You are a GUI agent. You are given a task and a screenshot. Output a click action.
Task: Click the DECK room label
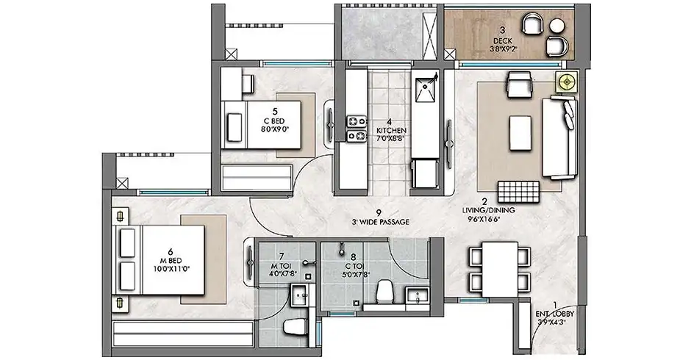point(502,41)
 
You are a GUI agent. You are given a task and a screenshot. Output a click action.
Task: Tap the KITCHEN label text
point(391,131)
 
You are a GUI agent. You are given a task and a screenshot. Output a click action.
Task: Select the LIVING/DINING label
point(488,210)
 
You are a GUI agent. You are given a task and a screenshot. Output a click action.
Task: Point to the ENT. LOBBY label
point(555,314)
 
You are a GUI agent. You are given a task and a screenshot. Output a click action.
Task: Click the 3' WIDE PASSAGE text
point(380,222)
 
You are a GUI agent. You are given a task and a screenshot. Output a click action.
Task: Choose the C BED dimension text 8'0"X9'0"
point(275,129)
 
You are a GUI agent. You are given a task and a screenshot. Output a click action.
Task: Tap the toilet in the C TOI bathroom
point(386,291)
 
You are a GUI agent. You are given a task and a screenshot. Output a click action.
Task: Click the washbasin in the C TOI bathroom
point(418,295)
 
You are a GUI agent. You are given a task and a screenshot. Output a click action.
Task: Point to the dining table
point(500,269)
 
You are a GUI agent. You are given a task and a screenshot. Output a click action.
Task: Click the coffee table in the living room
point(520,133)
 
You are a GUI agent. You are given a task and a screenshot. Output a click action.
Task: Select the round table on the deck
point(557,26)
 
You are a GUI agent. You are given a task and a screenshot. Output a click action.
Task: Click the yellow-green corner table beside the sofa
point(566,82)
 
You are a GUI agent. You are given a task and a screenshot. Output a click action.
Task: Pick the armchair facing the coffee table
point(520,84)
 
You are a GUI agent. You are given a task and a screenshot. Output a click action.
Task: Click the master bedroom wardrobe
point(183,334)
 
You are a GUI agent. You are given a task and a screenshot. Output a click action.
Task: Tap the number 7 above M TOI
point(282,256)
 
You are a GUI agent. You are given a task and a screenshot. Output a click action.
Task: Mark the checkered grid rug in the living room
point(519,192)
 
